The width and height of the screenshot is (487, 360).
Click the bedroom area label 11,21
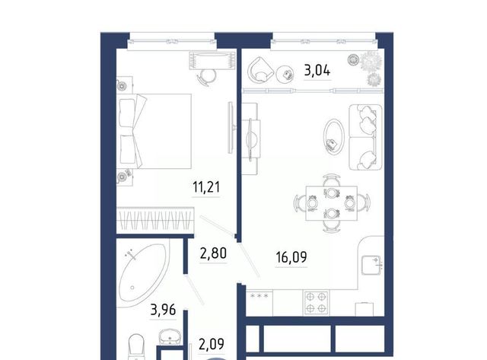[x=206, y=187]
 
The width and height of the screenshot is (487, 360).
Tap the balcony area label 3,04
[x=317, y=70]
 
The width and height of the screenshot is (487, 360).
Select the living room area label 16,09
[x=291, y=257]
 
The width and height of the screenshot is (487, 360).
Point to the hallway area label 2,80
[x=213, y=253]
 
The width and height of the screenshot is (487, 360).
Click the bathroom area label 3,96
[x=163, y=310]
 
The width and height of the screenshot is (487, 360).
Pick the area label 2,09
[x=212, y=344]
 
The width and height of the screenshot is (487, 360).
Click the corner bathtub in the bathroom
[x=144, y=272]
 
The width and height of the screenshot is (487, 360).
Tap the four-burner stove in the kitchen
[x=317, y=302]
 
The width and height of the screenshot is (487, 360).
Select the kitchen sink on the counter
[x=371, y=265]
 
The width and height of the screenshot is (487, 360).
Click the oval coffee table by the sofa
[x=334, y=136]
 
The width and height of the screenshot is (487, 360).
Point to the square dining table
[x=332, y=203]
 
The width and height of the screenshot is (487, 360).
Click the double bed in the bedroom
[x=154, y=131]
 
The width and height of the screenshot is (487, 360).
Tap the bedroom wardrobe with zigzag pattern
[x=155, y=219]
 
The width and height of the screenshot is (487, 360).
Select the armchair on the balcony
[x=260, y=70]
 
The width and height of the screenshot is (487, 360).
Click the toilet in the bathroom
[x=136, y=346]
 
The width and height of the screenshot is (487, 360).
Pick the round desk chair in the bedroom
[x=207, y=76]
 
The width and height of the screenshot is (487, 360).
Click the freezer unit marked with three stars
[x=259, y=303]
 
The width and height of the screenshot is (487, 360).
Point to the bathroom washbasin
[x=170, y=336]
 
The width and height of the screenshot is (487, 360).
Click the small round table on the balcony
[x=285, y=75]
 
